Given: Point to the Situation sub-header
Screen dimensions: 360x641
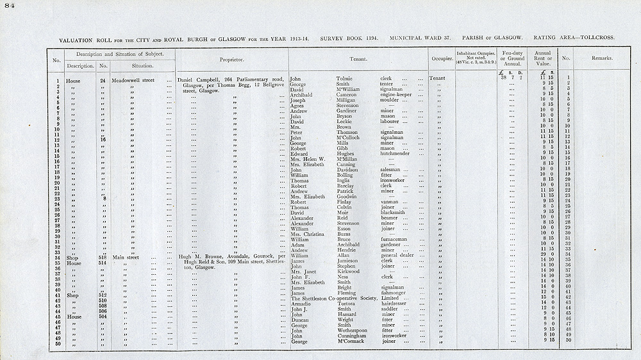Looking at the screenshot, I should (x=142, y=65).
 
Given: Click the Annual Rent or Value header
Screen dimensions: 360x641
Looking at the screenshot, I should (x=543, y=58).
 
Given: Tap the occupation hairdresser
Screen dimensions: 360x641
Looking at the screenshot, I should (x=396, y=303).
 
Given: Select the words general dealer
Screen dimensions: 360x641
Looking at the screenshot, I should (x=400, y=255).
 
